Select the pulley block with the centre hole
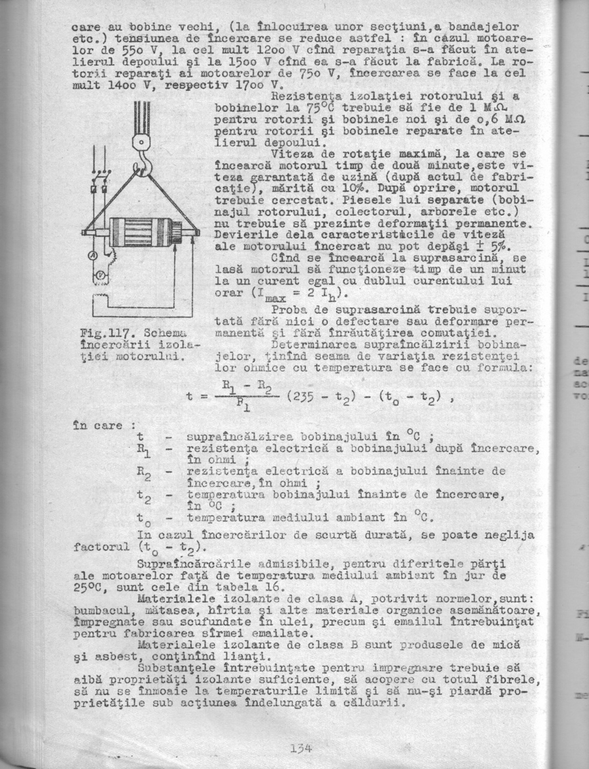pyautogui.click(x=141, y=142)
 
